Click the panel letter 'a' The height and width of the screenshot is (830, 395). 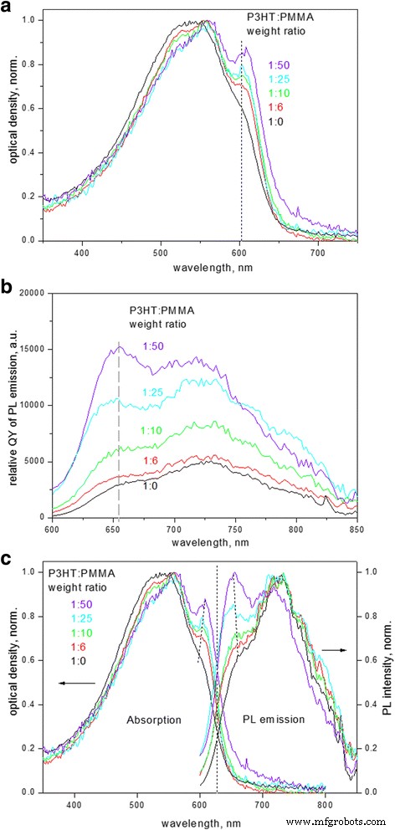pyautogui.click(x=8, y=8)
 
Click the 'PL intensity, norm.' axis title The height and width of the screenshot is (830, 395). pyautogui.click(x=387, y=671)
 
